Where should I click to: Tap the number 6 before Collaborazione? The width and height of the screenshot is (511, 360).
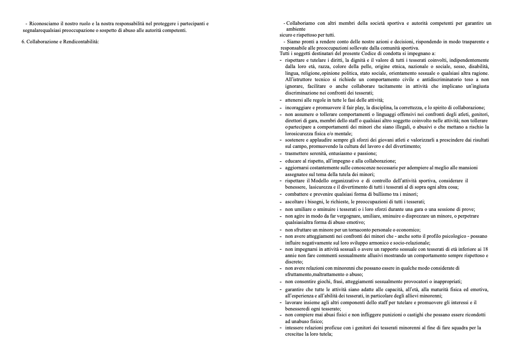(x=23, y=42)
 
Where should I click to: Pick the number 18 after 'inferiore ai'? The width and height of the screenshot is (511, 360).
(x=485, y=249)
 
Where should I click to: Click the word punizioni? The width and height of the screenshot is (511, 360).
(x=402, y=315)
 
